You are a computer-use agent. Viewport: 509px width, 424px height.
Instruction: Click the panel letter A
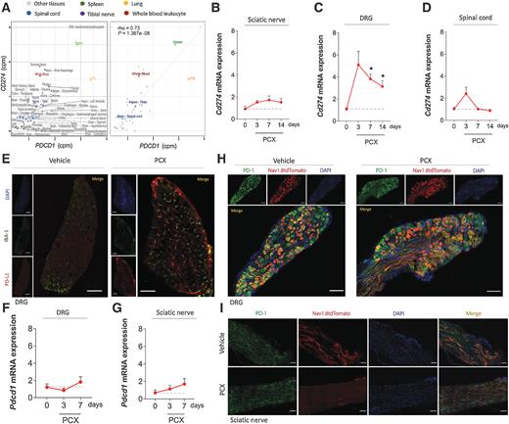pos(6,6)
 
